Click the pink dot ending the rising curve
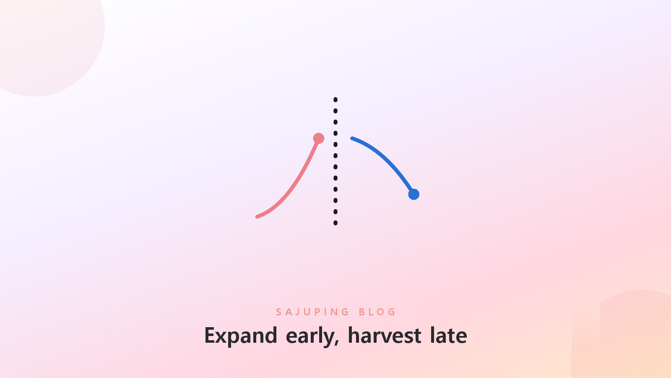[318, 138]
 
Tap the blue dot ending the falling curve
[414, 194]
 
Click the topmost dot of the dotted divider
[335, 100]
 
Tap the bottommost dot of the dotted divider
[335, 223]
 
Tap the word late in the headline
[449, 336]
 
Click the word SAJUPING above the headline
[312, 312]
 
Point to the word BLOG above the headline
[377, 312]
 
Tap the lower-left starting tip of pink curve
[257, 217]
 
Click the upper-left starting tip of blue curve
[352, 138]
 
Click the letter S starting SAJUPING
[278, 312]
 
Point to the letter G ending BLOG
[392, 312]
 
